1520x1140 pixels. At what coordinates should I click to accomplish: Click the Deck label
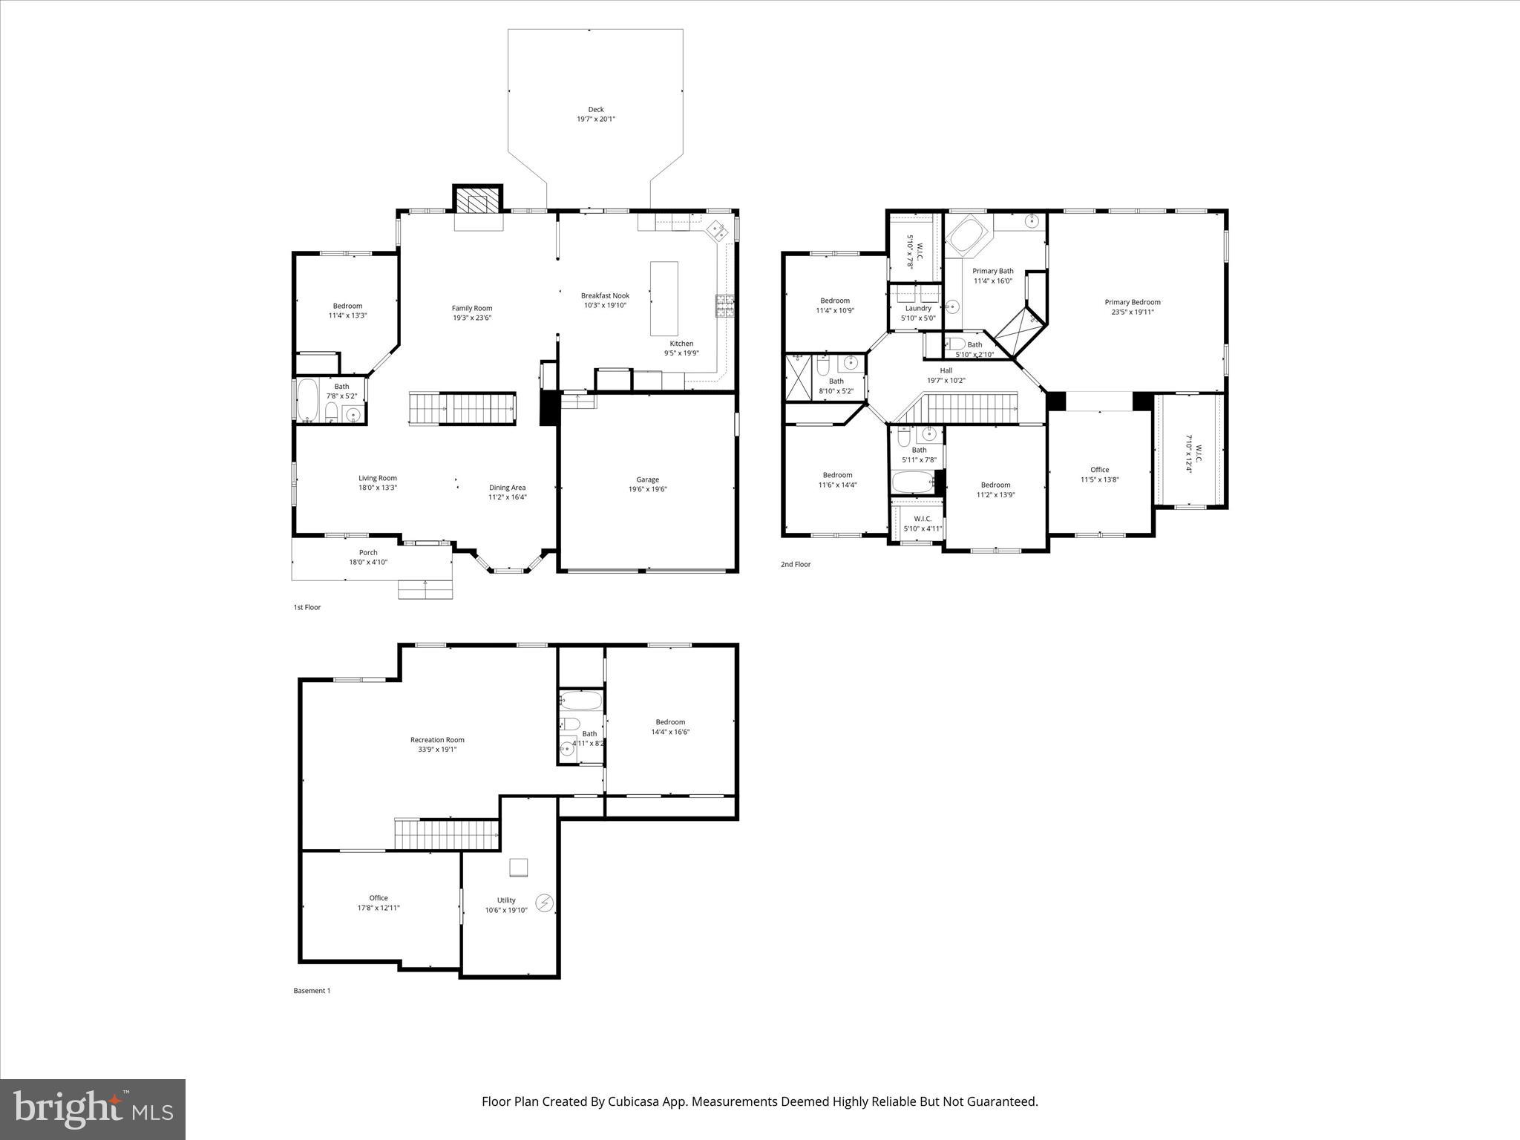pyautogui.click(x=596, y=110)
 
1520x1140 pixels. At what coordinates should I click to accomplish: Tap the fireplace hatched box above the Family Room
pyautogui.click(x=477, y=200)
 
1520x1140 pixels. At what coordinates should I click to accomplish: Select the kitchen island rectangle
pyautogui.click(x=664, y=298)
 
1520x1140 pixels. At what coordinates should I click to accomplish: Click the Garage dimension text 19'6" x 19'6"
pyautogui.click(x=647, y=489)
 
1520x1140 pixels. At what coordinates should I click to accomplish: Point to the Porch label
pyautogui.click(x=368, y=552)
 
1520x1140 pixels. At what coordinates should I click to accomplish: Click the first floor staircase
pyautogui.click(x=462, y=408)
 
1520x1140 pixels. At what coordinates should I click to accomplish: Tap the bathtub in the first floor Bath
pyautogui.click(x=307, y=401)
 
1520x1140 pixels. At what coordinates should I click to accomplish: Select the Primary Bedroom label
pyautogui.click(x=1132, y=302)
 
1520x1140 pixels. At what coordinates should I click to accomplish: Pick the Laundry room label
pyautogui.click(x=918, y=308)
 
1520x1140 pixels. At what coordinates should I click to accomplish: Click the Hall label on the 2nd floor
pyautogui.click(x=946, y=370)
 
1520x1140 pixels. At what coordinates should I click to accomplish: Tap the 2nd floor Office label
pyautogui.click(x=1099, y=470)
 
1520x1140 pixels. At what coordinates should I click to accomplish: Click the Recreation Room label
pyautogui.click(x=437, y=740)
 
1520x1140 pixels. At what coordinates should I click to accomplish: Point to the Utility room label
pyautogui.click(x=506, y=900)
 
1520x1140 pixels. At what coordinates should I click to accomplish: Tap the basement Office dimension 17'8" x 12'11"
pyautogui.click(x=379, y=908)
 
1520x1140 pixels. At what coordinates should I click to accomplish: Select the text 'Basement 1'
pyautogui.click(x=312, y=991)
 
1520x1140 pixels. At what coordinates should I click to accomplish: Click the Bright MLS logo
pyautogui.click(x=93, y=1110)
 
